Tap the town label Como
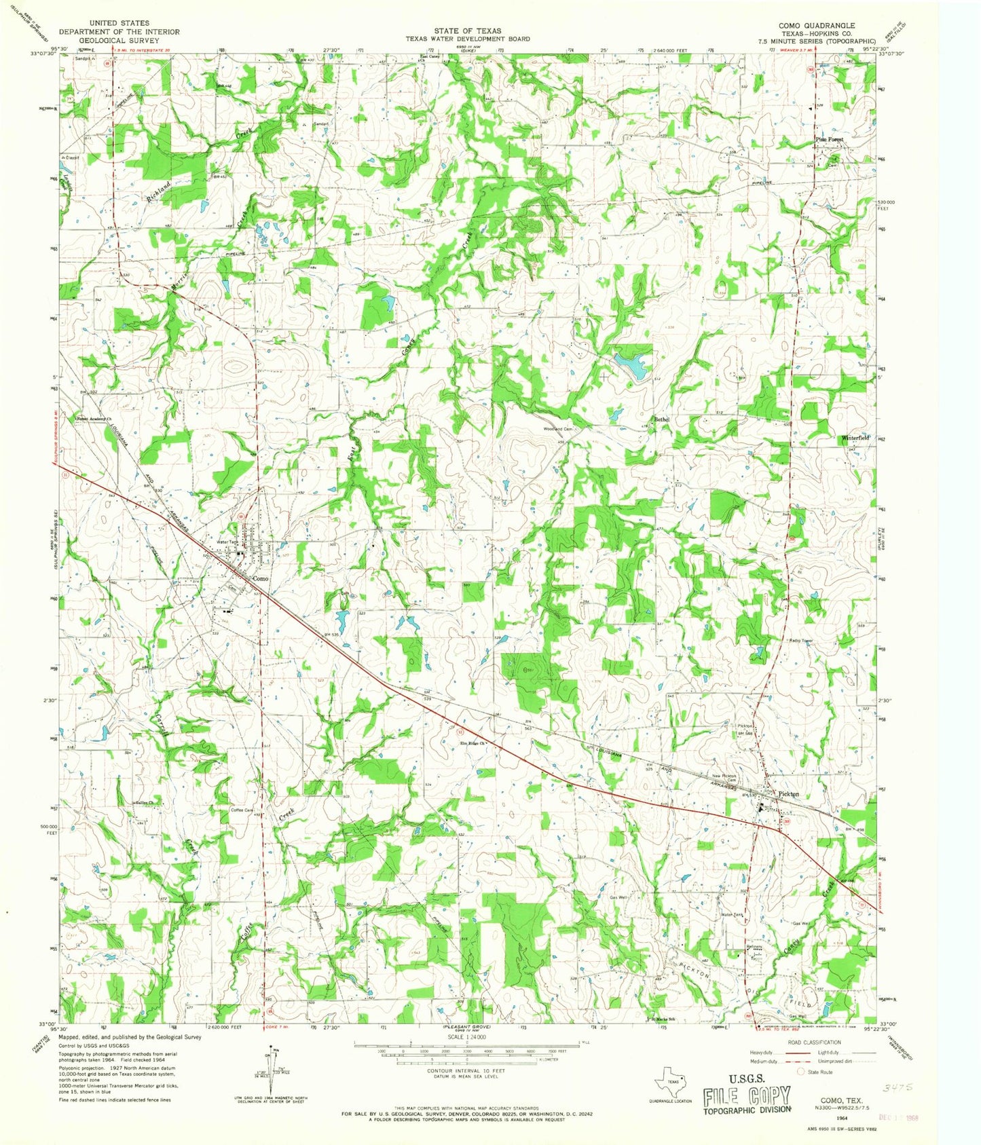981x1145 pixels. [x=260, y=578]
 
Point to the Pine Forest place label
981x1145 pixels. [x=829, y=139]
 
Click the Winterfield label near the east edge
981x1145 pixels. [x=855, y=438]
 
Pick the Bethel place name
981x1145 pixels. [x=661, y=419]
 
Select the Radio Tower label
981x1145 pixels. [x=800, y=640]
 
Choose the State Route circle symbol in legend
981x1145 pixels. [x=801, y=1072]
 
